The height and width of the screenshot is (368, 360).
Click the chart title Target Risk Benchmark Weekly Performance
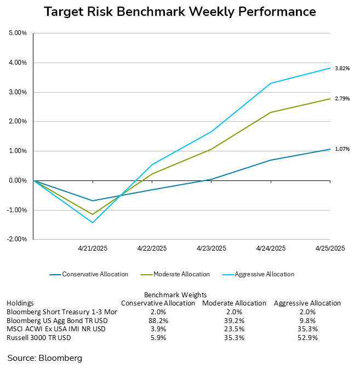point(180,12)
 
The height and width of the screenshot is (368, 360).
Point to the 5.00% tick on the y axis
point(18,33)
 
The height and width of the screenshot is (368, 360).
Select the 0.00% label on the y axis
point(18,180)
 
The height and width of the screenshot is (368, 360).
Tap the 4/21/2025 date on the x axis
point(92,248)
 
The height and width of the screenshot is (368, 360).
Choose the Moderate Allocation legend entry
point(181,274)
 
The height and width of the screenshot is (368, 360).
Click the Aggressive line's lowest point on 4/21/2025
point(93,223)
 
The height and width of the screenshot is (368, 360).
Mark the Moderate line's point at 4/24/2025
point(270,112)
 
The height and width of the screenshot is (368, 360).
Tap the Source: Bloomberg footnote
point(44,358)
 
